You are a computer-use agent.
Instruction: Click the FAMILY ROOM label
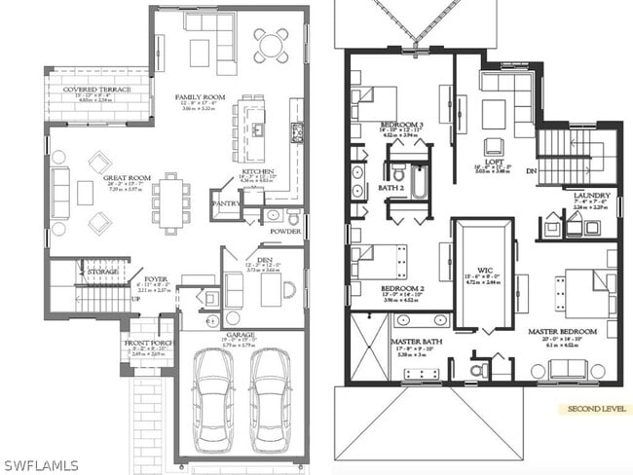point(201,97)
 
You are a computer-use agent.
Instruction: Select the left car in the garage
point(213,398)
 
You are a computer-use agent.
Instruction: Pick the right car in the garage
point(270,398)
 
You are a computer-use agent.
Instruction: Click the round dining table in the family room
point(272,45)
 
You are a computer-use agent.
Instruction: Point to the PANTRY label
point(225,203)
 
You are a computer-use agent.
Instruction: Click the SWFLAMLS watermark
point(41,465)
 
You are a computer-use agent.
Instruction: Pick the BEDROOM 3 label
point(401,126)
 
